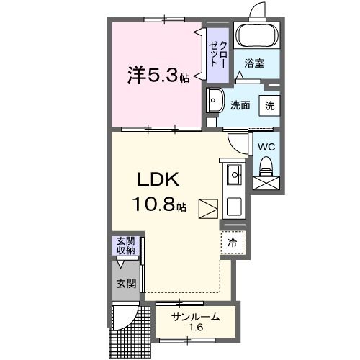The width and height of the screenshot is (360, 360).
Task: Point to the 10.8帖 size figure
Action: click(158, 205)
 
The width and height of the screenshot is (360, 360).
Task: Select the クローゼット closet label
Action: click(217, 53)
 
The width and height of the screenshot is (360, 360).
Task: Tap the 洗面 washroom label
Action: click(240, 105)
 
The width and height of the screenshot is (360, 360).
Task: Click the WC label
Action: click(266, 146)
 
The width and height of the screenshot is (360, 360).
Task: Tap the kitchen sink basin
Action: click(234, 175)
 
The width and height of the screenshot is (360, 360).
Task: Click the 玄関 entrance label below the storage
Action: click(126, 284)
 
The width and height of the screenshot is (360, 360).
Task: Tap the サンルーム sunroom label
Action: click(195, 318)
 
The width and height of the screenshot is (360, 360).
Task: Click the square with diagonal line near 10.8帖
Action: click(207, 208)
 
